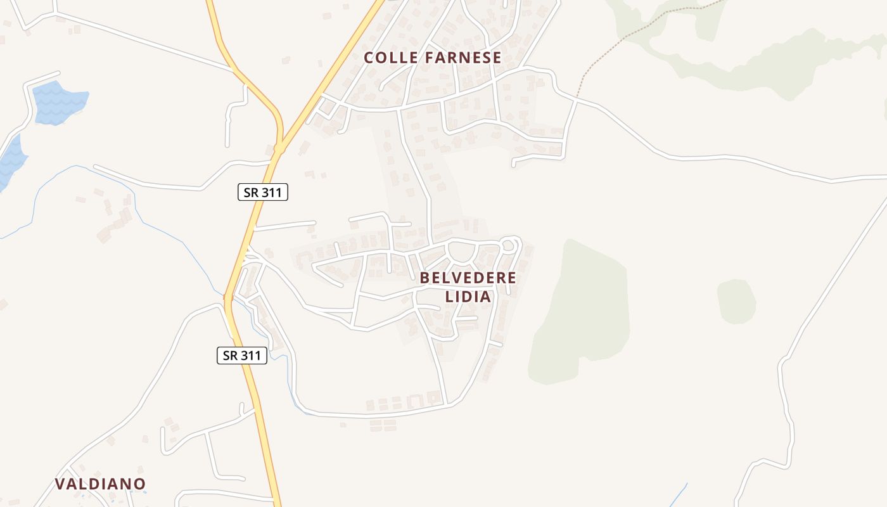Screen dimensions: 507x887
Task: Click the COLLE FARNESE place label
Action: click(432, 58)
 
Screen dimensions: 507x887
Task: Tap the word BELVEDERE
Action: click(468, 278)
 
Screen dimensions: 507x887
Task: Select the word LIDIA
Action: click(468, 297)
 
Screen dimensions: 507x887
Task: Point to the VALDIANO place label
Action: click(100, 484)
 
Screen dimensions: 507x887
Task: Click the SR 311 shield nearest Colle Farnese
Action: click(262, 192)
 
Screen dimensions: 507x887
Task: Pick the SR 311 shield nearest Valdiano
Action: click(241, 356)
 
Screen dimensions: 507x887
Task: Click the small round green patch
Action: click(736, 300)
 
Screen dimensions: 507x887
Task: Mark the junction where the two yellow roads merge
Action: click(279, 148)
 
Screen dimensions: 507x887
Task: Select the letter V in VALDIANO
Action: click(60, 484)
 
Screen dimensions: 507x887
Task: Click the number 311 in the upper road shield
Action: click(271, 192)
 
